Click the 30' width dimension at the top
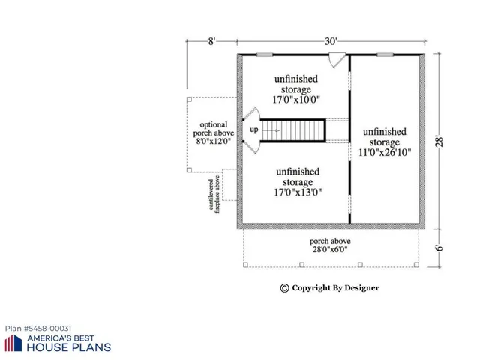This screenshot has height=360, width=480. pos(331,42)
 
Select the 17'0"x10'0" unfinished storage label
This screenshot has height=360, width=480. pos(295,90)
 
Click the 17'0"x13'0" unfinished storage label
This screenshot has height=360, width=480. pos(295,181)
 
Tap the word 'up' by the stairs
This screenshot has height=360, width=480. pos(254,130)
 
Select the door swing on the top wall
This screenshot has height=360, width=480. pos(338,58)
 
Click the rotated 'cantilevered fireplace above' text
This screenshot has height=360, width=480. pos(214,194)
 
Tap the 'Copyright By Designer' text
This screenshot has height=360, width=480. pos(335,287)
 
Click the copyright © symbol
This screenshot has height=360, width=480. pos(284,287)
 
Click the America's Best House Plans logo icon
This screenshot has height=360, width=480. pos(13,343)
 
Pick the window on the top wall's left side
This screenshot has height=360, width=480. pos(264,55)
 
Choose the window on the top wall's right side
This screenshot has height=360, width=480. pos(385,55)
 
